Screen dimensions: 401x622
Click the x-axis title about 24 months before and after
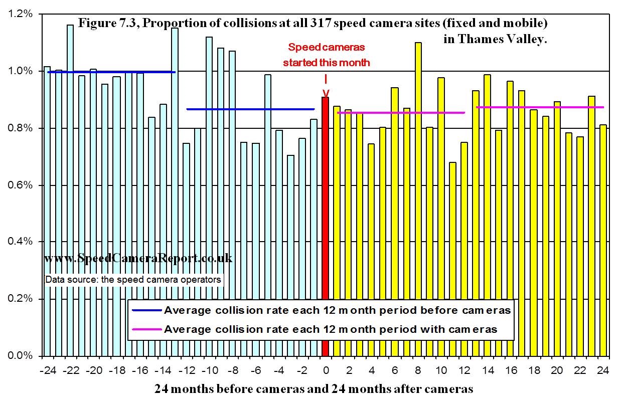pos(314,389)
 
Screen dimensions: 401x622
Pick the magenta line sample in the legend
pos(147,329)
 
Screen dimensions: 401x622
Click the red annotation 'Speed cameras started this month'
pos(326,55)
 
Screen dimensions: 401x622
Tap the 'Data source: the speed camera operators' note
pos(133,280)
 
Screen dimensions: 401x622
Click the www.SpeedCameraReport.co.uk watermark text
pos(138,259)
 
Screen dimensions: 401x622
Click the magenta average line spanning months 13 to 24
pos(540,107)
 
